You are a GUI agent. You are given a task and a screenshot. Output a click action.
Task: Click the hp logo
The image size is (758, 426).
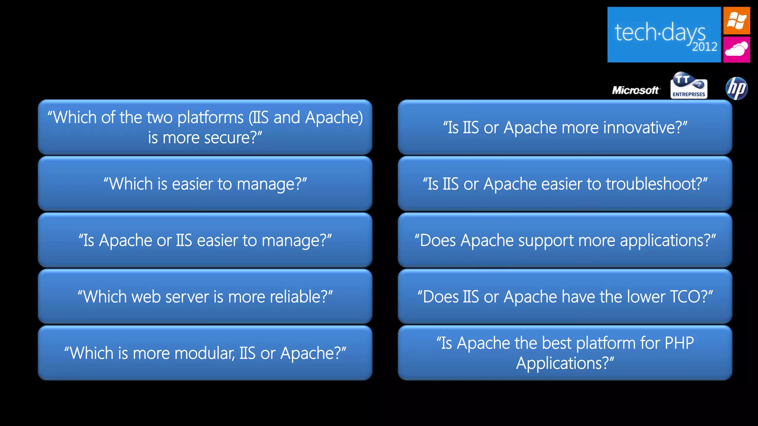tap(737, 88)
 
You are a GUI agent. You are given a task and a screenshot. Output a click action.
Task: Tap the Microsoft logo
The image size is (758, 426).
tap(635, 90)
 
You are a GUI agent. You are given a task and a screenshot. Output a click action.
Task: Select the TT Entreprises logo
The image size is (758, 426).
tap(689, 86)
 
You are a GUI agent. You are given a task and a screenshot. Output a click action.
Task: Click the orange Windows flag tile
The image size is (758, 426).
tap(737, 21)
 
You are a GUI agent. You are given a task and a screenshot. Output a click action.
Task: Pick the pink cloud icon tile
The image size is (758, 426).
tap(737, 49)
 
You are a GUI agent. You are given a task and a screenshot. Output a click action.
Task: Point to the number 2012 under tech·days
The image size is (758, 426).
tap(704, 47)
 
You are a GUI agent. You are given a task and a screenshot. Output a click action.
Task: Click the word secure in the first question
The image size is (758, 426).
tap(227, 138)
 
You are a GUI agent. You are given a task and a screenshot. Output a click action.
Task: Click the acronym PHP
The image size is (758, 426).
tap(679, 343)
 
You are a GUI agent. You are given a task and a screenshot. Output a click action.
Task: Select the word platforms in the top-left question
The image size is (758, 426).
tap(210, 118)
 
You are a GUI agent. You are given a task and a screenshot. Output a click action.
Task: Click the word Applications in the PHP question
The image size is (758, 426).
tap(562, 364)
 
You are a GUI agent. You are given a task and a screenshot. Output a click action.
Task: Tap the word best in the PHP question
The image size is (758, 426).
tap(557, 343)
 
